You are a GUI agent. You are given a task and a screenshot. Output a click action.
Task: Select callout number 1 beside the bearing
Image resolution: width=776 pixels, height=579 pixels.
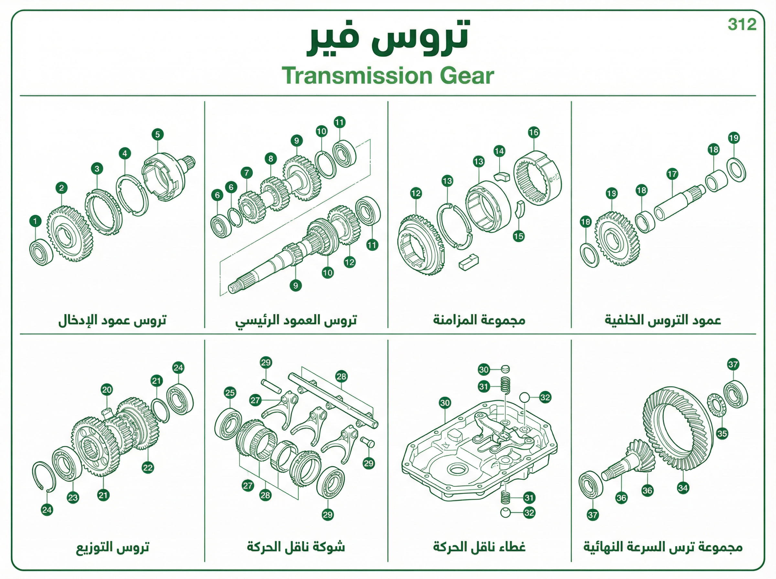pyautogui.click(x=35, y=221)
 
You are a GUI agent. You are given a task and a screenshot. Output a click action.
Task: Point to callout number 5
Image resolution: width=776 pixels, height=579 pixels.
pyautogui.click(x=157, y=134)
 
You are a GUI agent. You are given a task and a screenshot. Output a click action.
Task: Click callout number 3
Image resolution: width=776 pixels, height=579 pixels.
pyautogui.click(x=97, y=169)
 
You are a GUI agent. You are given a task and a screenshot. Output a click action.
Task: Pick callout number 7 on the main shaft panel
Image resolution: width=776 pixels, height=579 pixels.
pyautogui.click(x=246, y=173)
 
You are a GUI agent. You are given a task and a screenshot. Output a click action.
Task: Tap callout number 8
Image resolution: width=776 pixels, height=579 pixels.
pyautogui.click(x=270, y=159)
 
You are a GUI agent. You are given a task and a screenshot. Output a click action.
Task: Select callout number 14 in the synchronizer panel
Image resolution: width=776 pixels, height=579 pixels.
pyautogui.click(x=499, y=152)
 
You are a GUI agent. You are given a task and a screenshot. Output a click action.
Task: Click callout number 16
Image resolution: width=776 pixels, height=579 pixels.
pyautogui.click(x=533, y=132)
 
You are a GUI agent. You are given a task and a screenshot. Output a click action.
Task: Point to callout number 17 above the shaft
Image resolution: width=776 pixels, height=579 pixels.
pyautogui.click(x=672, y=174)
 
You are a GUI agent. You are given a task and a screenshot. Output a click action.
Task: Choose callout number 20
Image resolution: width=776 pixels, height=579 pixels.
pyautogui.click(x=107, y=389)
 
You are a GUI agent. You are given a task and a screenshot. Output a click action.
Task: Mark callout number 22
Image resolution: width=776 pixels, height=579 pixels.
pyautogui.click(x=148, y=467)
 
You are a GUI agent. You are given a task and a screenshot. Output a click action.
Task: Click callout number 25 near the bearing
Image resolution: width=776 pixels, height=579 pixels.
pyautogui.click(x=230, y=393)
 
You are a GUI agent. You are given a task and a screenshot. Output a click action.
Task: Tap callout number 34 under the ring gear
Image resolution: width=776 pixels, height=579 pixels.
pyautogui.click(x=683, y=488)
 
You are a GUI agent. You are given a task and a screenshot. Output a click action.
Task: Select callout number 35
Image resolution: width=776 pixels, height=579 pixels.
pyautogui.click(x=722, y=434)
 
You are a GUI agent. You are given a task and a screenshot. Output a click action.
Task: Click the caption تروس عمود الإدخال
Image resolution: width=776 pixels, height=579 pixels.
pyautogui.click(x=112, y=320)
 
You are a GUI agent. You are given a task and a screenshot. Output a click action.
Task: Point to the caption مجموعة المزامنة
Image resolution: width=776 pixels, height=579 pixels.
pyautogui.click(x=479, y=320)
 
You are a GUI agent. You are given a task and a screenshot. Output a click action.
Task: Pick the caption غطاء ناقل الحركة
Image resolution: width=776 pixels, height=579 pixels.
pyautogui.click(x=479, y=547)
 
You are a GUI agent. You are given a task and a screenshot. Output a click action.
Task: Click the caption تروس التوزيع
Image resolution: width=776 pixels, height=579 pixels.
pyautogui.click(x=113, y=547)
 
